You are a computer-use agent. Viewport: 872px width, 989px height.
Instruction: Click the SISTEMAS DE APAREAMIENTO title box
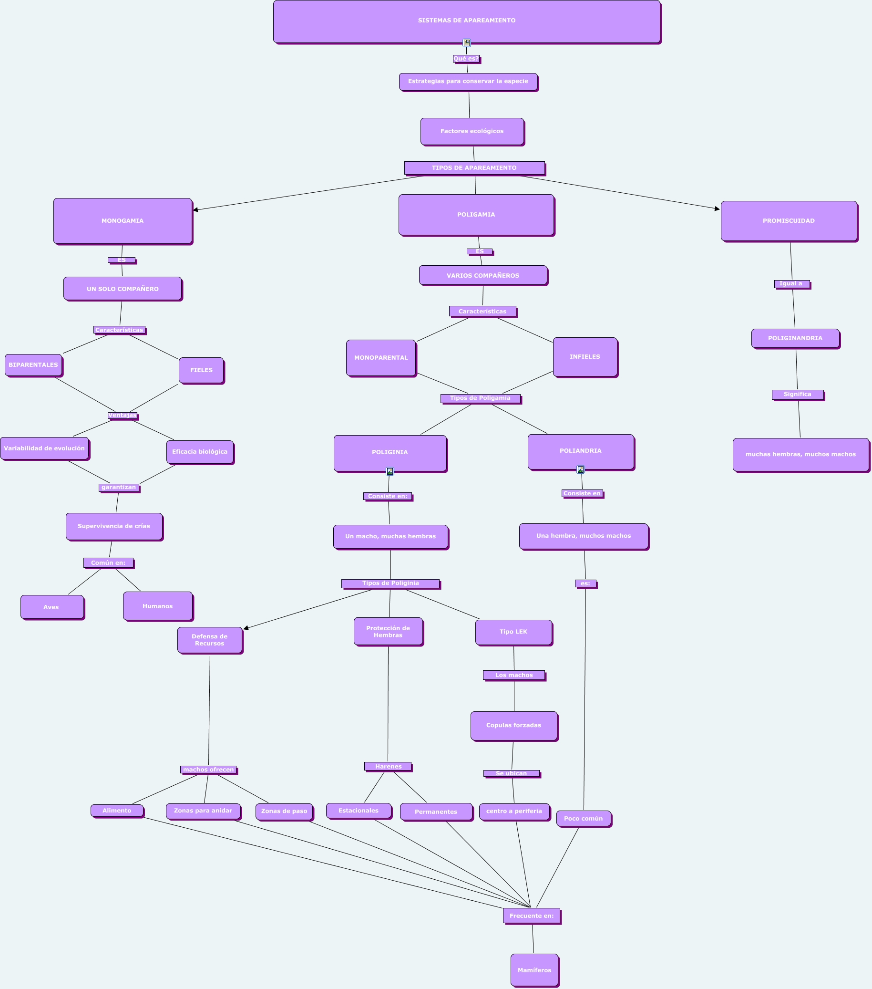pyautogui.click(x=466, y=21)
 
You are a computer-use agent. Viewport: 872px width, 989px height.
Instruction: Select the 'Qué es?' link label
pyautogui.click(x=466, y=59)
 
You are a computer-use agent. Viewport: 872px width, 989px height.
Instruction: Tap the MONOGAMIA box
pyautogui.click(x=123, y=220)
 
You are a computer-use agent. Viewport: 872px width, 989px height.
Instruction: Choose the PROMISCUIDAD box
pyautogui.click(x=789, y=220)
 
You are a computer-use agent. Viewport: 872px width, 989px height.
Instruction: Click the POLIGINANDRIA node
pyautogui.click(x=795, y=338)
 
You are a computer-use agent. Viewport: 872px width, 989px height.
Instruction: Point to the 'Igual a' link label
pyautogui.click(x=791, y=283)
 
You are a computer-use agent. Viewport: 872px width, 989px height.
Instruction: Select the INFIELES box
pyautogui.click(x=585, y=356)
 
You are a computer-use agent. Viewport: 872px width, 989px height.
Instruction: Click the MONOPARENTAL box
pyautogui.click(x=380, y=357)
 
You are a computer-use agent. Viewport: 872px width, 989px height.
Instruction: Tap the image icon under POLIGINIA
pyautogui.click(x=390, y=471)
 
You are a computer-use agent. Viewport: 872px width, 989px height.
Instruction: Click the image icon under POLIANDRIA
pyautogui.click(x=580, y=469)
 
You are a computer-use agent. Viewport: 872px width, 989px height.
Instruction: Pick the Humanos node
pyautogui.click(x=158, y=606)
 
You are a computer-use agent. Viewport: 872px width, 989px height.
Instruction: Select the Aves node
pyautogui.click(x=52, y=607)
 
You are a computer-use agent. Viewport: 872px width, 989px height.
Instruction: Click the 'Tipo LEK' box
pyautogui.click(x=513, y=632)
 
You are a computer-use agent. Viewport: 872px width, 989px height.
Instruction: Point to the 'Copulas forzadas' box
pyautogui.click(x=513, y=725)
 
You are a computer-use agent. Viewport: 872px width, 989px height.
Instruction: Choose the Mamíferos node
pyautogui.click(x=534, y=969)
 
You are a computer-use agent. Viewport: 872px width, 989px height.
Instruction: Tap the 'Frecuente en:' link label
pyautogui.click(x=531, y=916)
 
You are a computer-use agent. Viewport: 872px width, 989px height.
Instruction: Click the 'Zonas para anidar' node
pyautogui.click(x=203, y=811)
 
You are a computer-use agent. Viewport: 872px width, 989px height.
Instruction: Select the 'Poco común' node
pyautogui.click(x=583, y=818)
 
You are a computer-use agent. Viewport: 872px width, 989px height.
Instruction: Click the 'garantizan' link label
pyautogui.click(x=119, y=487)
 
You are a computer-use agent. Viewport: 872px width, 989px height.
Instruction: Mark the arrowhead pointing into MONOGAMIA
pyautogui.click(x=195, y=209)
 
